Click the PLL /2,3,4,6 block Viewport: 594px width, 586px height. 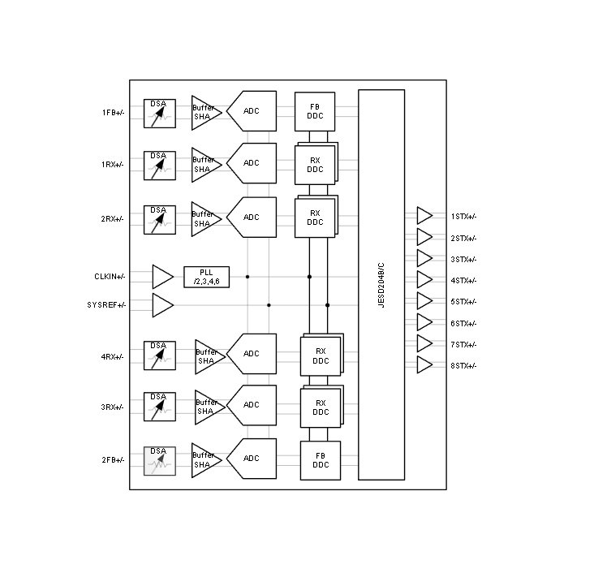(206, 277)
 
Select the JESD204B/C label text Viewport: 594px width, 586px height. (381, 285)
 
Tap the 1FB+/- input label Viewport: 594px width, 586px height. (113, 113)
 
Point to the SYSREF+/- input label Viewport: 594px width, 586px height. (106, 305)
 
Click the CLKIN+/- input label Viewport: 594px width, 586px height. (110, 277)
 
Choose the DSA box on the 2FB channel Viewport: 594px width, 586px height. (160, 461)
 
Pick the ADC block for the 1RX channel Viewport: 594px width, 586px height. (252, 163)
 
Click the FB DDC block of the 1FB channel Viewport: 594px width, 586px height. (315, 112)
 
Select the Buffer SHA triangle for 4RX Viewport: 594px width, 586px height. (210, 356)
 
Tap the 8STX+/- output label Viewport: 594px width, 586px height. (463, 366)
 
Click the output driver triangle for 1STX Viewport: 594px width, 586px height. (424, 216)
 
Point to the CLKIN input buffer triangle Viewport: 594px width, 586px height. (162, 277)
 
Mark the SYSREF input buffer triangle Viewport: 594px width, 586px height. (162, 305)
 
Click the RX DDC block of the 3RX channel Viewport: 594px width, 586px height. (321, 407)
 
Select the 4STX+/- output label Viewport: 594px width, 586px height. (463, 281)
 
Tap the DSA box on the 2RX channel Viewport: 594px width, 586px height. (160, 220)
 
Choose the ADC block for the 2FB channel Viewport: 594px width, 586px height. (252, 459)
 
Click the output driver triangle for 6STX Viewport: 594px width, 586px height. (424, 322)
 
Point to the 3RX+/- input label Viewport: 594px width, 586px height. (112, 407)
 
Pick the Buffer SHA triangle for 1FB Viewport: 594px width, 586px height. (206, 113)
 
